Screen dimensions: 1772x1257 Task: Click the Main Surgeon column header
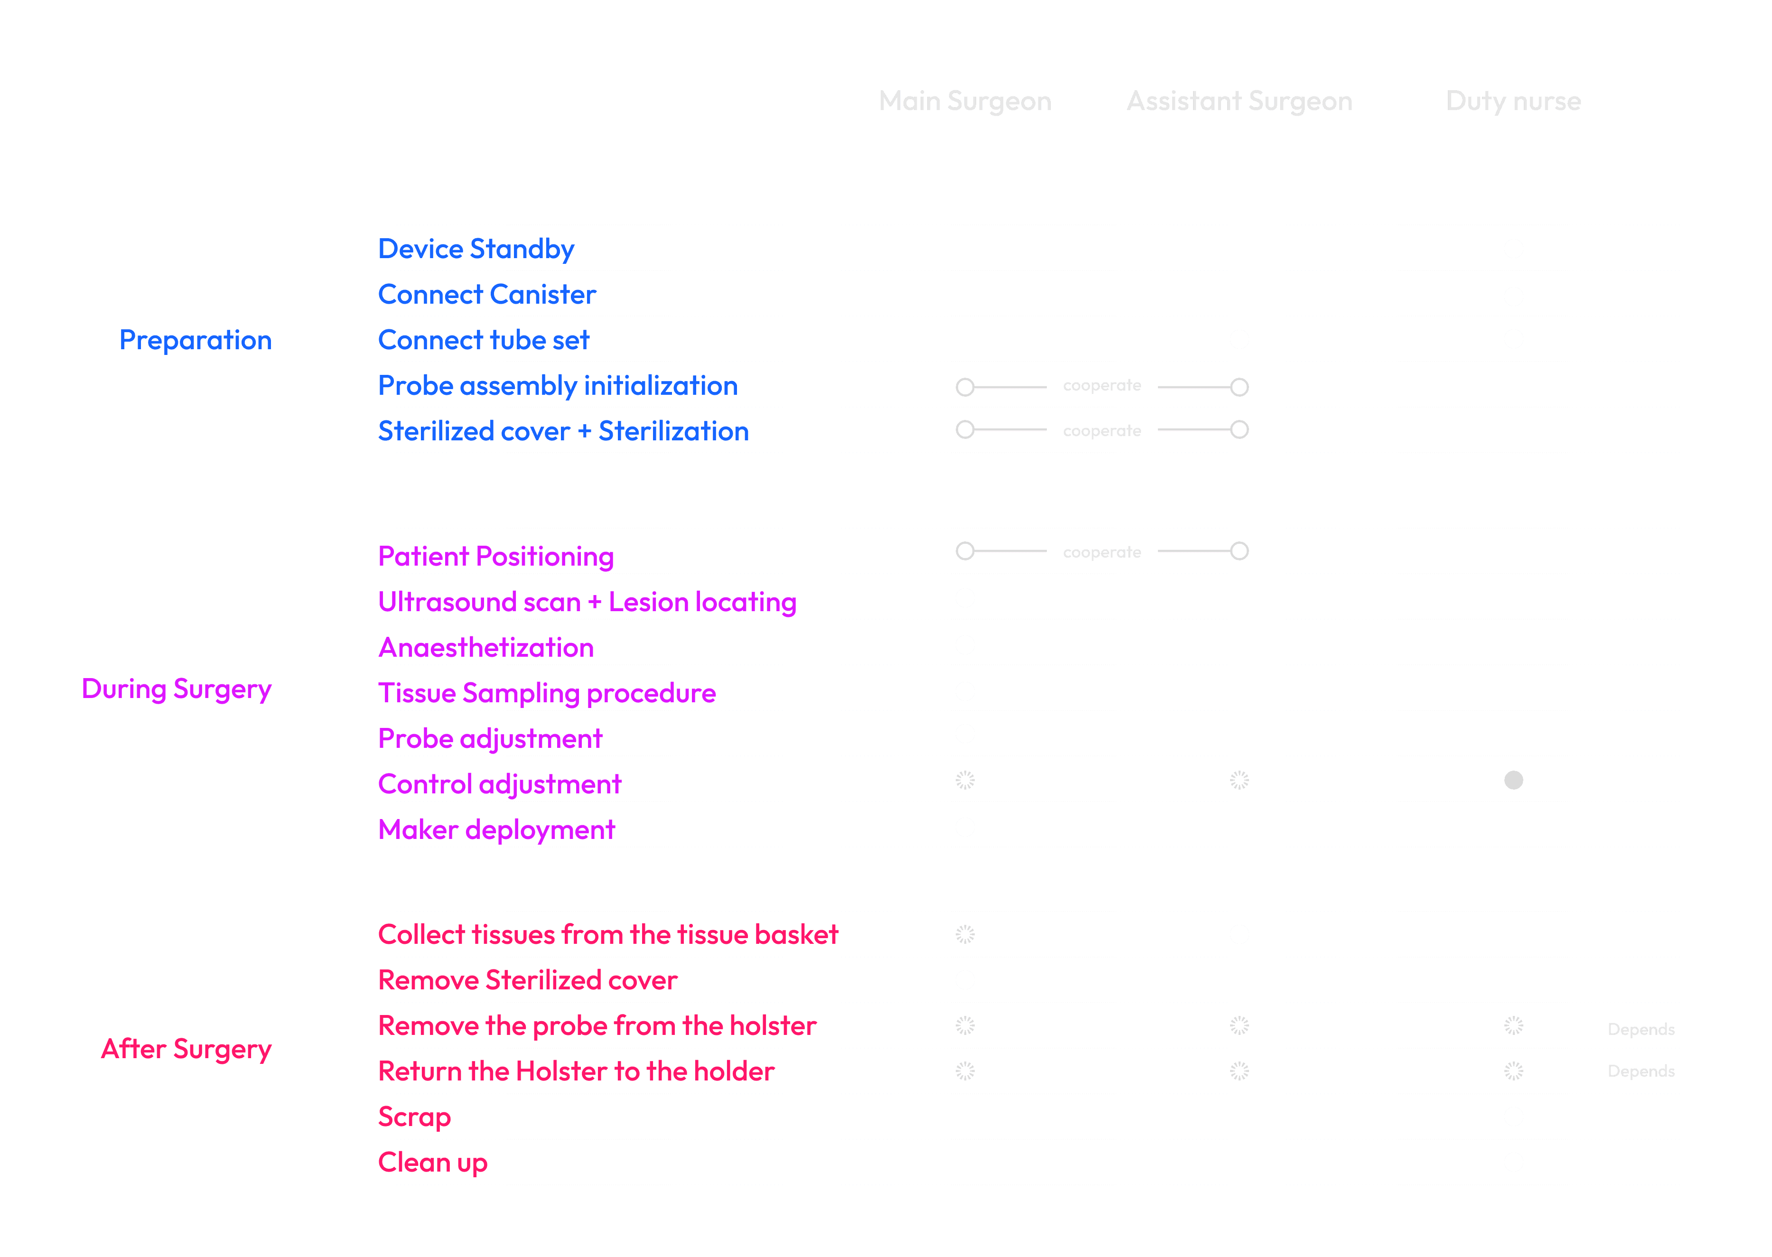965,102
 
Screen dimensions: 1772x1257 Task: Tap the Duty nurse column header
1513,102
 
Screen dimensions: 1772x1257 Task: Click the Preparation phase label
195,341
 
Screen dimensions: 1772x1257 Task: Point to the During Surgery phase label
177,689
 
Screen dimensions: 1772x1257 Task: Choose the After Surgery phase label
186,1050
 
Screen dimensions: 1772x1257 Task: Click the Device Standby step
476,249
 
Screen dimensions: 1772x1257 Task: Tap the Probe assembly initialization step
558,386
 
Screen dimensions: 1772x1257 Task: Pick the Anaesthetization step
485,648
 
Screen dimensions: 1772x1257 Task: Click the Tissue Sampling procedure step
547,694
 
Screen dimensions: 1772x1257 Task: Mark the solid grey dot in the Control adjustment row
1513,780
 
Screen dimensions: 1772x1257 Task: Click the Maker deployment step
496,830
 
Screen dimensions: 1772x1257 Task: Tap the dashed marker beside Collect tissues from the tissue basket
965,935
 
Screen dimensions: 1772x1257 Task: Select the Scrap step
414,1117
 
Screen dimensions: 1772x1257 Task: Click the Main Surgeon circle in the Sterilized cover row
965,429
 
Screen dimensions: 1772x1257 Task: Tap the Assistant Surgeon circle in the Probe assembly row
1240,387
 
